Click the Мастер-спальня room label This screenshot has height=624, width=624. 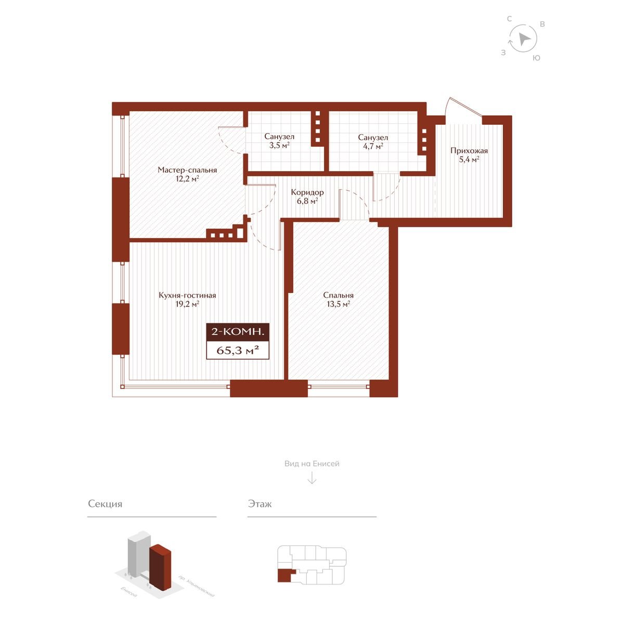187,170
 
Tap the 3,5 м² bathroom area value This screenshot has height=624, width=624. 279,146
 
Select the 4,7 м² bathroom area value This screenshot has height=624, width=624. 373,146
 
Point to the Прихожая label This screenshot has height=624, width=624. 469,151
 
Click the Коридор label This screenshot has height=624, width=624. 307,192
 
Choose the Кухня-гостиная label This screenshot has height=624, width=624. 187,295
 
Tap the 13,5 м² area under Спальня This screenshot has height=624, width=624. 339,304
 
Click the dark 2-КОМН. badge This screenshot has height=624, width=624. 238,332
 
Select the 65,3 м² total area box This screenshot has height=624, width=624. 238,350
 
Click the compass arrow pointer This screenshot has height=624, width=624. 524,39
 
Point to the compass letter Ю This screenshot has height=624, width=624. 537,58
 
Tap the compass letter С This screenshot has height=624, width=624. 510,19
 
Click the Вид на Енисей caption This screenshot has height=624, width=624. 312,464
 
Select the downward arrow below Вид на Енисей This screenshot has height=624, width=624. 312,478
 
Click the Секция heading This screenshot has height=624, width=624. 105,504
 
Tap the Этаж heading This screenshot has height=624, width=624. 259,504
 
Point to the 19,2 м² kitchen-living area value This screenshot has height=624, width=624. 187,304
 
